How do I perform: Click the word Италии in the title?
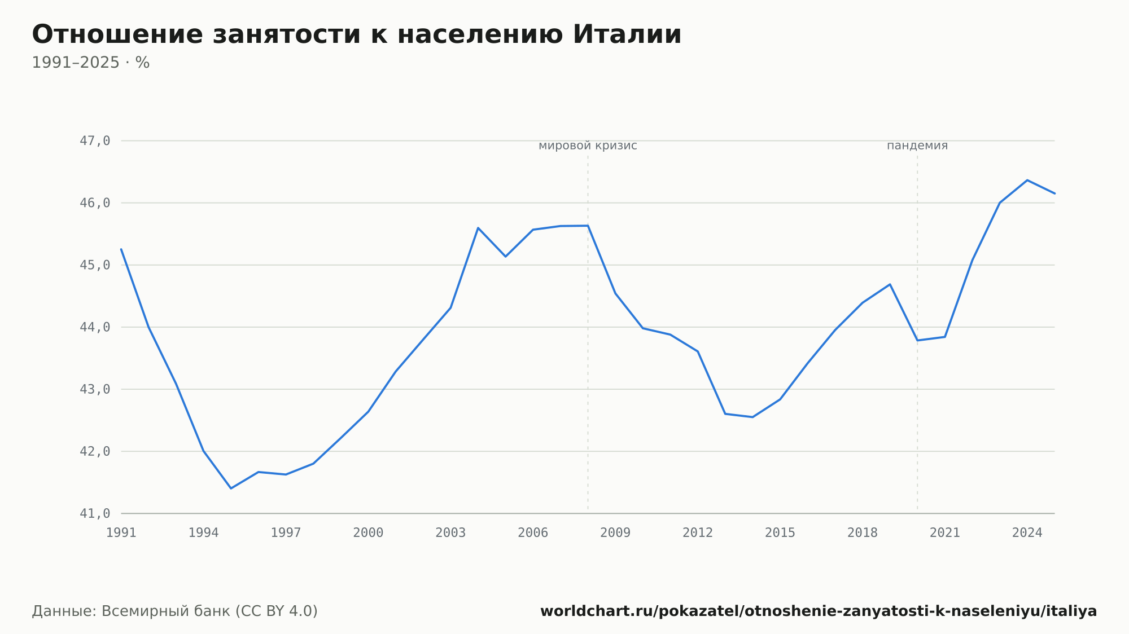[x=627, y=34]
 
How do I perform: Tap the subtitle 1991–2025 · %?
[x=91, y=63]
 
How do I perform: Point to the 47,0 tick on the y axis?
[x=95, y=141]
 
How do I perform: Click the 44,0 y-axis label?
[x=95, y=327]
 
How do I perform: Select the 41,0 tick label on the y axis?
[x=95, y=513]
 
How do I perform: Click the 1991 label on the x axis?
[x=121, y=533]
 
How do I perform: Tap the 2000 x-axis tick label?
[x=368, y=533]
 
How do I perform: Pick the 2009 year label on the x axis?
[x=615, y=533]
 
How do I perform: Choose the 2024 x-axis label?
[x=1027, y=533]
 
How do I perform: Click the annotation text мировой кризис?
[x=588, y=146]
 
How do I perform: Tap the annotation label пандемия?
[x=917, y=146]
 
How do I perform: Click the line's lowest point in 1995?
[x=231, y=488]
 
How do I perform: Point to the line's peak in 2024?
[x=1027, y=180]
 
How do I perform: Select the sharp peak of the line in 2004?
[x=478, y=228]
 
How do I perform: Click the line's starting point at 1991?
[x=121, y=249]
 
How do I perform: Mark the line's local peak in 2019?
[x=890, y=284]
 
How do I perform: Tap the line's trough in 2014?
[x=752, y=417]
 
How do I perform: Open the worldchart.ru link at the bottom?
[x=819, y=611]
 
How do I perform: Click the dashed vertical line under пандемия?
[x=917, y=333]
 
